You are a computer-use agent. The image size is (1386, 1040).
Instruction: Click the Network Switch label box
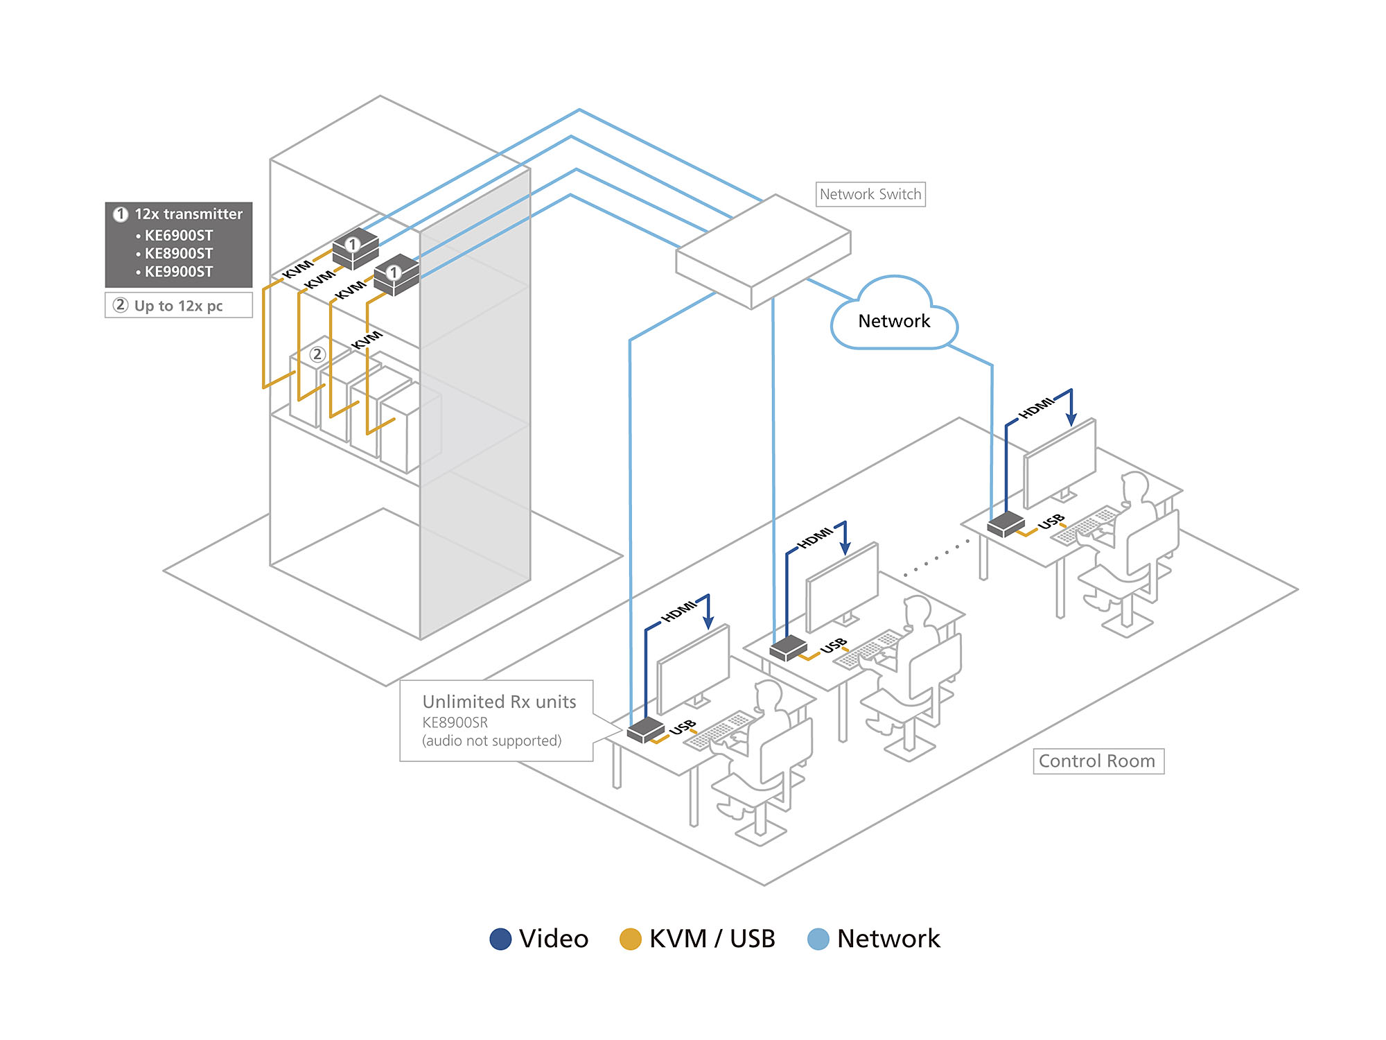coord(870,194)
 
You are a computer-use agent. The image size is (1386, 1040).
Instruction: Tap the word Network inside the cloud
coord(894,321)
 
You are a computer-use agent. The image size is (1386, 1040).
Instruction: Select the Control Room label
coord(1098,761)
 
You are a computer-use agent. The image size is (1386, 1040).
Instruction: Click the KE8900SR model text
coord(455,722)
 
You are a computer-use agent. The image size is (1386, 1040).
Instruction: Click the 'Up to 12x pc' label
coord(178,306)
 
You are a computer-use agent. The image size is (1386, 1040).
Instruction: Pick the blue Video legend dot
coord(500,939)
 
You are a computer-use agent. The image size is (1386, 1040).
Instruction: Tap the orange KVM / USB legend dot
coord(630,939)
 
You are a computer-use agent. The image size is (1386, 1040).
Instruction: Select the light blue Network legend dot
coord(818,939)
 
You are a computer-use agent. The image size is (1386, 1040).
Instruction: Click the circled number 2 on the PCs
coord(317,355)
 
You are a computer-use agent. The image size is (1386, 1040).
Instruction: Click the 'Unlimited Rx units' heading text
coord(499,702)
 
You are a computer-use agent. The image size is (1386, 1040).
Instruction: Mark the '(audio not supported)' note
coord(491,741)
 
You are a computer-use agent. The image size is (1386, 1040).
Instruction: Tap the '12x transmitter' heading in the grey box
coord(188,214)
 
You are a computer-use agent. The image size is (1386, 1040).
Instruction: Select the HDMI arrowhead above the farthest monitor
coord(1071,419)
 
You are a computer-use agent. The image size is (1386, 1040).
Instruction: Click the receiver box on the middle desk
coord(789,648)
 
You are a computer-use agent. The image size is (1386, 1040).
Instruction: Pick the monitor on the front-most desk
coord(693,669)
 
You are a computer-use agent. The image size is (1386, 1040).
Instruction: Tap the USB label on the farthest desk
coord(1051,521)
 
